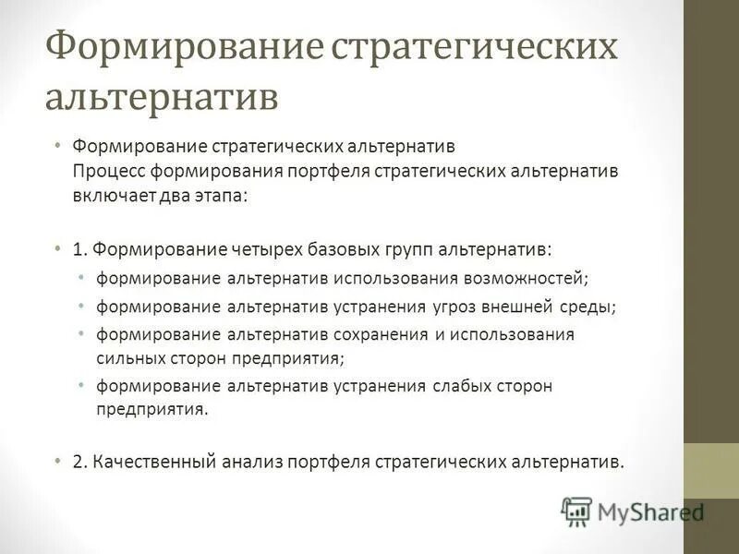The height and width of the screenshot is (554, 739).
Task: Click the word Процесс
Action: [x=107, y=173]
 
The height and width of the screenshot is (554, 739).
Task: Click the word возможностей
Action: [x=526, y=277]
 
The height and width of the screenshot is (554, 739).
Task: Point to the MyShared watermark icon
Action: [x=576, y=510]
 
